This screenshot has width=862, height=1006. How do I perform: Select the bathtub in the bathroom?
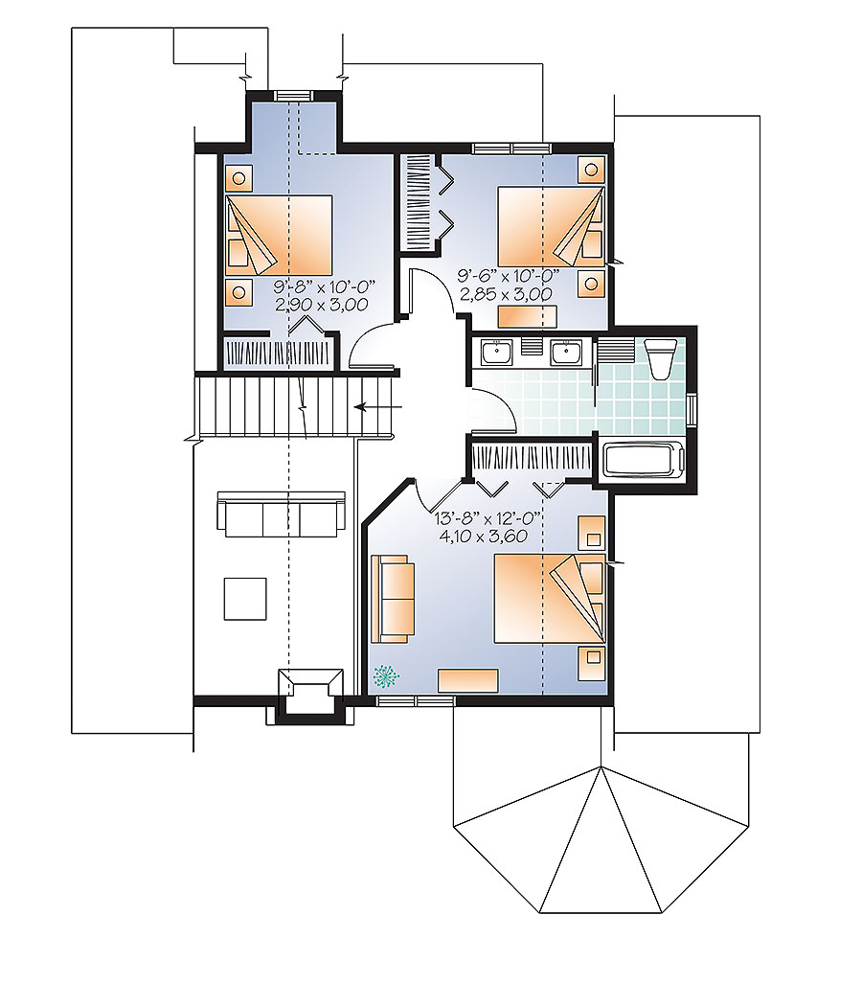[x=642, y=460]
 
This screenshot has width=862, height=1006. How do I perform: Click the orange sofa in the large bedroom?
[x=394, y=598]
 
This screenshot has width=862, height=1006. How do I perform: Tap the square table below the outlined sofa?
[x=246, y=599]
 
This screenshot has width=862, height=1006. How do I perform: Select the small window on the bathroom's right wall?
[x=693, y=407]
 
